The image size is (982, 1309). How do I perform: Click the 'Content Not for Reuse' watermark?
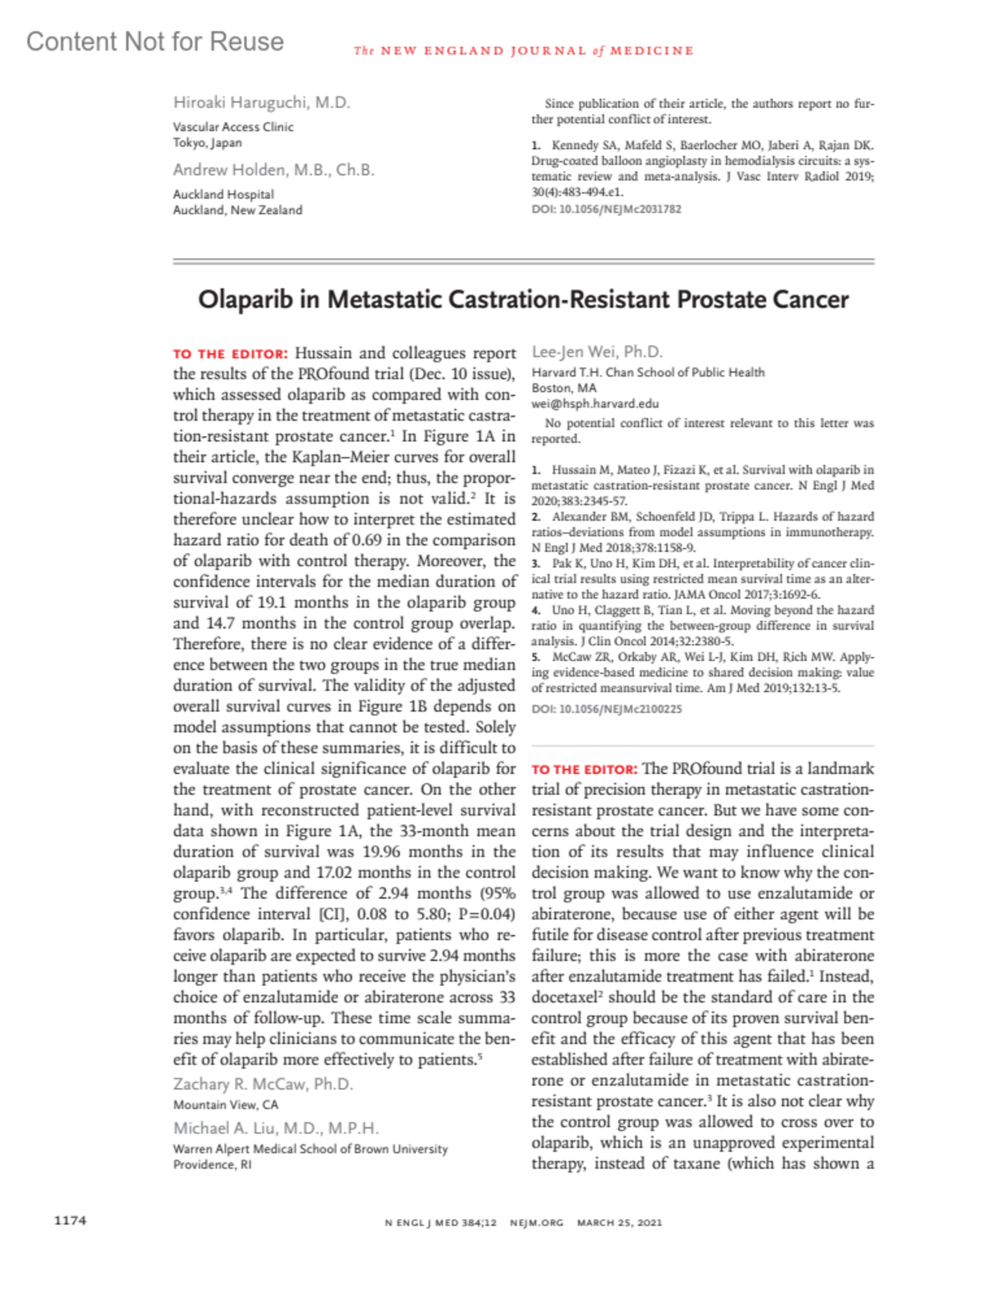155,42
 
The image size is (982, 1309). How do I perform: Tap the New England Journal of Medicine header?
524,51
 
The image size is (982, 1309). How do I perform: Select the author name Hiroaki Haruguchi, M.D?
261,102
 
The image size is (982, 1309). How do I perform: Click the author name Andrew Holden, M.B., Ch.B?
273,170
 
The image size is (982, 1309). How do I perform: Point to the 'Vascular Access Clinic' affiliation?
232,127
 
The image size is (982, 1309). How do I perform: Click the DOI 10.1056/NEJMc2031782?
606,209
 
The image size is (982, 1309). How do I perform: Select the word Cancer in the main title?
810,299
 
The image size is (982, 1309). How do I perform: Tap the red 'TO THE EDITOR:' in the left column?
230,354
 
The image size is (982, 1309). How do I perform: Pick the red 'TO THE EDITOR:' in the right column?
583,770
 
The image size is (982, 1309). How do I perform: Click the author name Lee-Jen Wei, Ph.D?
597,352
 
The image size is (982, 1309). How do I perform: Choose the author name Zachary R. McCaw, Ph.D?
263,1084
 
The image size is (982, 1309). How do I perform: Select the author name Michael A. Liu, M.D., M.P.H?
276,1128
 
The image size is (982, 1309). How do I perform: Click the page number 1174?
70,1221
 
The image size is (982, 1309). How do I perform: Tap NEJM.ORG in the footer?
536,1223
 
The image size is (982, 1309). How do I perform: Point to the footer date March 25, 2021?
619,1223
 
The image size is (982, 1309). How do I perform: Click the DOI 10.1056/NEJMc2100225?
606,709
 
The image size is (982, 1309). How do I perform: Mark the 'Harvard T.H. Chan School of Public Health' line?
647,372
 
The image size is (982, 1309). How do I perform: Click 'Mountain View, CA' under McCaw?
225,1104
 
